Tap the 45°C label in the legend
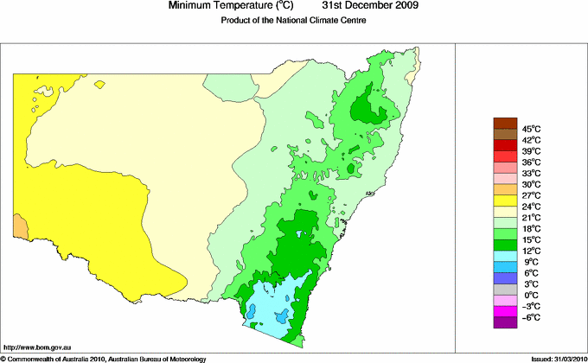(x=531, y=129)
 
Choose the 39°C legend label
(x=531, y=151)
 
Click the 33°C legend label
(x=531, y=174)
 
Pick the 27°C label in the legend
(x=531, y=195)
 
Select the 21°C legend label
(x=531, y=218)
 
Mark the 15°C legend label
(x=531, y=239)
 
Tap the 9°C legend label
(x=531, y=262)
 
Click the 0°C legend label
(x=531, y=295)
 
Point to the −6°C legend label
(x=531, y=317)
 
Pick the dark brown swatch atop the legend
(x=504, y=123)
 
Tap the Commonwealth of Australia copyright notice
(x=104, y=358)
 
